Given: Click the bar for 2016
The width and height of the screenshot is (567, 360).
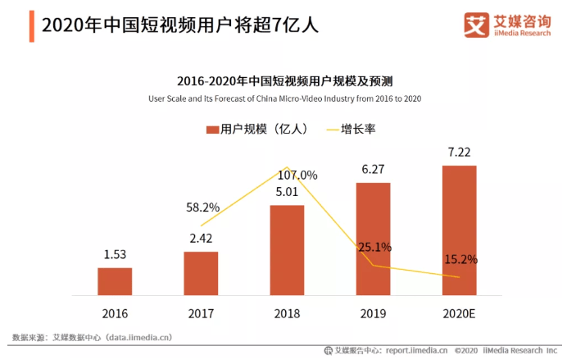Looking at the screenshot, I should click(x=115, y=280).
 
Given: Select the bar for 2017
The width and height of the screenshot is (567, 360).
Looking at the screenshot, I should click(x=201, y=272).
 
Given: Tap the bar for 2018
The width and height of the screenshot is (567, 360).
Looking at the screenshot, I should click(x=287, y=249).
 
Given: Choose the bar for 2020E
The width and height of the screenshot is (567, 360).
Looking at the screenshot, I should click(x=459, y=230).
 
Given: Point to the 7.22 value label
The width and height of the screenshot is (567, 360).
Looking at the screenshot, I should click(x=459, y=153).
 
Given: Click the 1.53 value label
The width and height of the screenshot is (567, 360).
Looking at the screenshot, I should click(x=115, y=256).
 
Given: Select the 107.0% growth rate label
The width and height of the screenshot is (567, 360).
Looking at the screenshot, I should click(x=297, y=175).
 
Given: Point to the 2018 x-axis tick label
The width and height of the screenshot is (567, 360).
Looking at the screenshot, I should click(x=287, y=313).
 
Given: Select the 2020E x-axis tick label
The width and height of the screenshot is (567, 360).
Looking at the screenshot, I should click(x=459, y=313).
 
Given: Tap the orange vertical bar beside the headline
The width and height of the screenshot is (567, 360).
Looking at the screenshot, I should click(x=31, y=25).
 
